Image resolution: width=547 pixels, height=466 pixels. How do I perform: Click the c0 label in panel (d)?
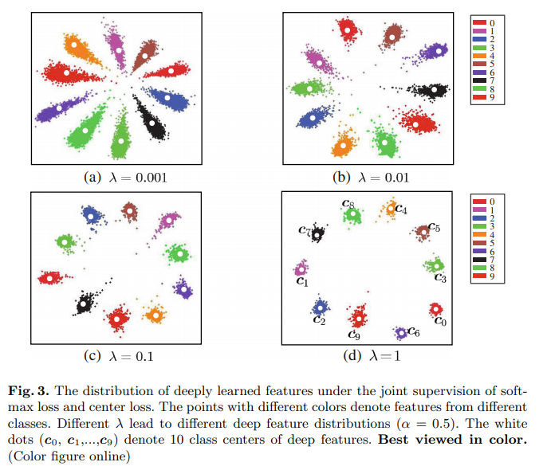(440, 321)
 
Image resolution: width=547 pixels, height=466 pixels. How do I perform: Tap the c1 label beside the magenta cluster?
(301, 281)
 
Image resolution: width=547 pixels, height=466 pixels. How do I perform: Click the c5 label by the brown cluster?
(435, 227)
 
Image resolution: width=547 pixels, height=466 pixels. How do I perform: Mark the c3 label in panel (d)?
(440, 278)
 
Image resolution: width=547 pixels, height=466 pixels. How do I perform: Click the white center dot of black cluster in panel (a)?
(152, 123)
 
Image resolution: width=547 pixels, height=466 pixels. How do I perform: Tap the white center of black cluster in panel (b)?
(433, 90)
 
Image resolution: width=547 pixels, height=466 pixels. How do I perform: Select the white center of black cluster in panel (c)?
(85, 303)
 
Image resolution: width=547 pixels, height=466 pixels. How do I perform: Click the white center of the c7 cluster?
(318, 233)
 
